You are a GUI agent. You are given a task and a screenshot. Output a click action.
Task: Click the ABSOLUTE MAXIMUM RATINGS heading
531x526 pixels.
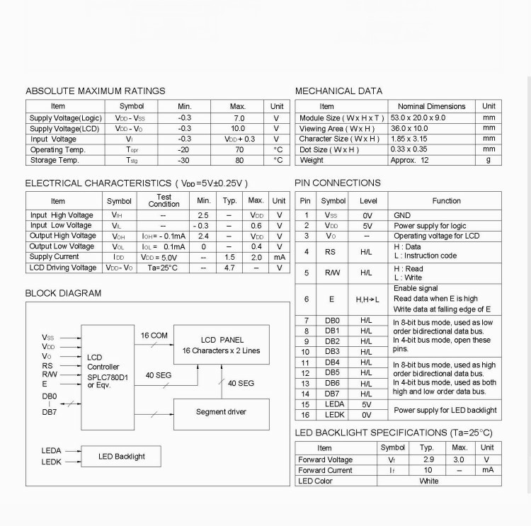(x=95, y=91)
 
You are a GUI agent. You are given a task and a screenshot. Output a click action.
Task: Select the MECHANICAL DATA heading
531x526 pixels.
(x=338, y=91)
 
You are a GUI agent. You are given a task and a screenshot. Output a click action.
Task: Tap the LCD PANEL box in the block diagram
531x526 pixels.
(x=222, y=345)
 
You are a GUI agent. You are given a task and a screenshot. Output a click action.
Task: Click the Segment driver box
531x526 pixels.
(x=222, y=411)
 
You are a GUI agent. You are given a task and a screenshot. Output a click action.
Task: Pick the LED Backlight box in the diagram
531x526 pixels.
(x=121, y=457)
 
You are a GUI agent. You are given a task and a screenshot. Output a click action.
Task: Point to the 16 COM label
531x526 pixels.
(x=154, y=336)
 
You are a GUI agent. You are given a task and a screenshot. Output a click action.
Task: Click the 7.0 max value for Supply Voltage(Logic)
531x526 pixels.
(x=239, y=118)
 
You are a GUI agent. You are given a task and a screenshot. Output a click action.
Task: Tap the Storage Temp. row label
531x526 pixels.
(x=54, y=160)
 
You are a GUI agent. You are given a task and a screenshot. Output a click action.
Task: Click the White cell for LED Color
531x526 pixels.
(x=428, y=481)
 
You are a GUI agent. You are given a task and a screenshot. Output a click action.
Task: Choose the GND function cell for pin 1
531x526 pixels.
(x=401, y=215)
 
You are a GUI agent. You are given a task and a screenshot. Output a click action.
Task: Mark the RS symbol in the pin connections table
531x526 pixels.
(x=331, y=251)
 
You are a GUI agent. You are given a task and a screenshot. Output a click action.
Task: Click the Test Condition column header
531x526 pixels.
(x=164, y=200)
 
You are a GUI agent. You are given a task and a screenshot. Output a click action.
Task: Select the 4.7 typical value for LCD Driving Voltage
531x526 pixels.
(x=229, y=268)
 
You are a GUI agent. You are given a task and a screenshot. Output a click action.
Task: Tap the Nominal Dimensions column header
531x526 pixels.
(x=431, y=106)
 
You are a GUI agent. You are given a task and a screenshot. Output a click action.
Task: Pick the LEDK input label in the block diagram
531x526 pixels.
(x=52, y=462)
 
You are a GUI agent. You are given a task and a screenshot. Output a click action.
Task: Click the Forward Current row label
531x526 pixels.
(x=325, y=470)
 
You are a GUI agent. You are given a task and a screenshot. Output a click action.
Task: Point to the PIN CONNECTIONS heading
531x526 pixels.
(x=338, y=183)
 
